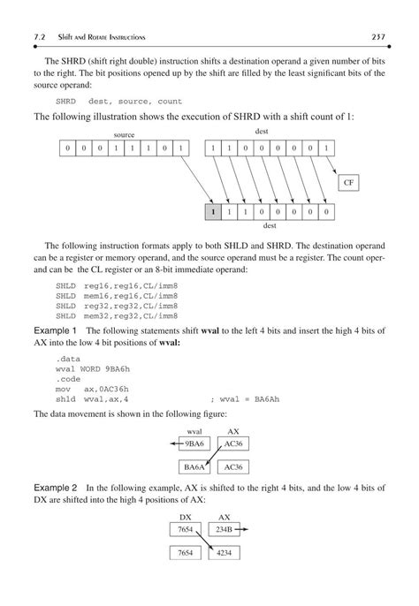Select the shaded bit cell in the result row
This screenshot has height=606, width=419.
coord(212,212)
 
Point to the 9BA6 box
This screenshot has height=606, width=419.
coord(194,443)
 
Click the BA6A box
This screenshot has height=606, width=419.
coord(194,466)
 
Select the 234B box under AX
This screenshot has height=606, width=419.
coord(225,529)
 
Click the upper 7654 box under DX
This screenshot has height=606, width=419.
coord(186,529)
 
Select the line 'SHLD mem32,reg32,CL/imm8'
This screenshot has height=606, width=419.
coord(117,315)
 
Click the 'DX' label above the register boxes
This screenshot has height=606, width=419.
coord(186,517)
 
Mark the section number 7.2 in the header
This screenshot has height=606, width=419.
coord(38,36)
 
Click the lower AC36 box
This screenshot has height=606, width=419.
coord(233,466)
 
